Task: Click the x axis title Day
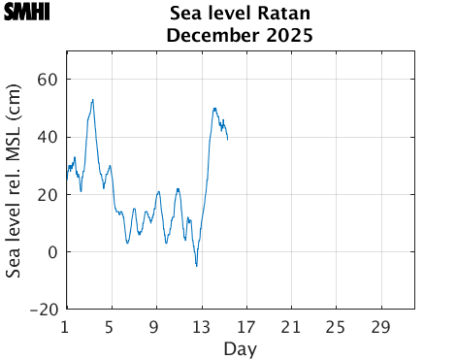point(240,347)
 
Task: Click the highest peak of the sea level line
point(93,99)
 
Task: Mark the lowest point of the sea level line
point(196,266)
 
